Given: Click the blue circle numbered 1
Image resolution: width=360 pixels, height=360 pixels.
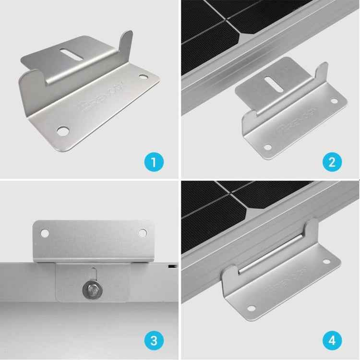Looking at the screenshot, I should pyautogui.click(x=153, y=160).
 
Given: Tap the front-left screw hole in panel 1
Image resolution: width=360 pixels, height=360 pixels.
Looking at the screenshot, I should pyautogui.click(x=62, y=130).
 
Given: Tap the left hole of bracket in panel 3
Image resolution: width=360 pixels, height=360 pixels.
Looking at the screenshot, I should pyautogui.click(x=45, y=233).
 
